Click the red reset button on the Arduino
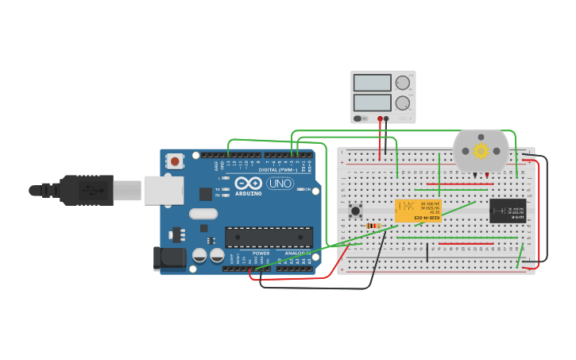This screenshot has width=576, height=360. click(175, 161)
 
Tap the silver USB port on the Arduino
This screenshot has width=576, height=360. click(163, 190)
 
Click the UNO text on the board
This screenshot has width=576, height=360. click(279, 184)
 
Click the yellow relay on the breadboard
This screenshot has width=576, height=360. click(418, 211)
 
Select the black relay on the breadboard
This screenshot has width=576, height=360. click(507, 211)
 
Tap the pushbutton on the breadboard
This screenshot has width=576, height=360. click(356, 211)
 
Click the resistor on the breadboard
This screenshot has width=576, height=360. click(373, 226)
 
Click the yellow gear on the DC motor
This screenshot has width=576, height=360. click(481, 150)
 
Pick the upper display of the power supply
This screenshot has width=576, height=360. click(373, 83)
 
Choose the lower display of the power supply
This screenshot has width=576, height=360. click(373, 103)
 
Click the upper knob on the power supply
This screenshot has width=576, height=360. click(403, 83)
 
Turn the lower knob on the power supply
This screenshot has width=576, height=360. click(403, 103)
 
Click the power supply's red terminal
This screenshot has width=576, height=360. click(380, 119)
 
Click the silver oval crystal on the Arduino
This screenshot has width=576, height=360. click(203, 213)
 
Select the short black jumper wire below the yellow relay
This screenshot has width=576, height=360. click(427, 253)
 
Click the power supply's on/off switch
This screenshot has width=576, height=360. click(361, 118)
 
